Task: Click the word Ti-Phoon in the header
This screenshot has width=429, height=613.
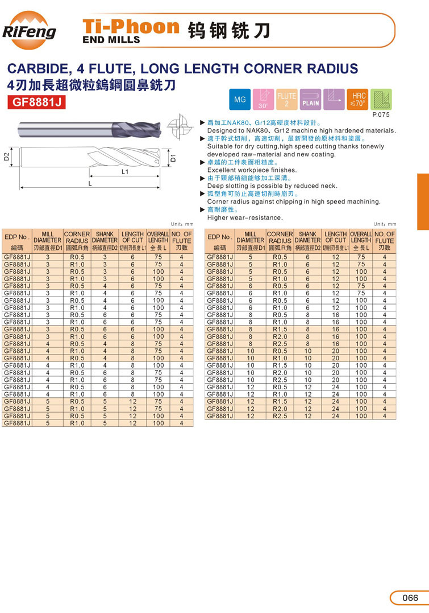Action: click(x=131, y=26)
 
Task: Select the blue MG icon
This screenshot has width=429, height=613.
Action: click(x=239, y=100)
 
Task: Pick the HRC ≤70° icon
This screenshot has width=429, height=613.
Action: click(x=359, y=100)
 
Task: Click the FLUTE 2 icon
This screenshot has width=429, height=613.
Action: click(x=287, y=100)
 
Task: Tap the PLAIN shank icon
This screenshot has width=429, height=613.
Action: click(x=311, y=100)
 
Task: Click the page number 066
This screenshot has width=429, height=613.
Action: click(x=410, y=598)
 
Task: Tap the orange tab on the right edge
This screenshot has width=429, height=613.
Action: click(x=423, y=201)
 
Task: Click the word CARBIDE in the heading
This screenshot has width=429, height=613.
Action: click(x=35, y=69)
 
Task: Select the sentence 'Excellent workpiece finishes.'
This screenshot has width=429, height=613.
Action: click(x=252, y=170)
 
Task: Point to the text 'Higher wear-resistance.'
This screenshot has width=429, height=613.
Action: click(x=244, y=217)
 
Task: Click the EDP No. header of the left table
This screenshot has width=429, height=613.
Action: click(x=16, y=237)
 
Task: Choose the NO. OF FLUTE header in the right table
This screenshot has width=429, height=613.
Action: click(x=384, y=237)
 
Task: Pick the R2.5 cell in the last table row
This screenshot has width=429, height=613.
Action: click(x=279, y=416)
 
